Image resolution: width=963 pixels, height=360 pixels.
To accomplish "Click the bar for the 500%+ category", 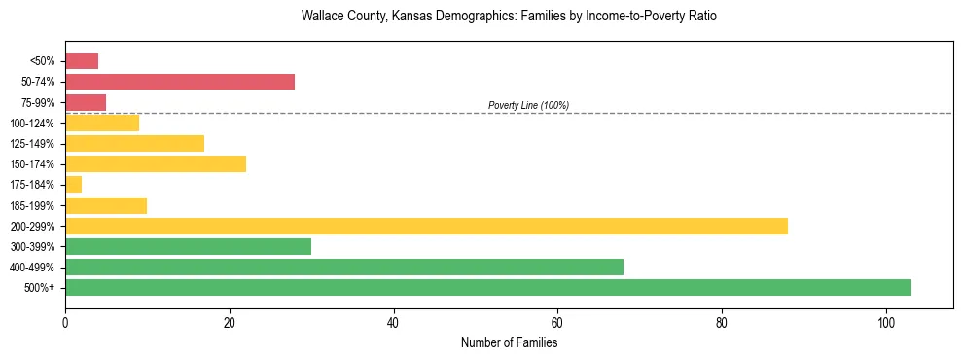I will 487,287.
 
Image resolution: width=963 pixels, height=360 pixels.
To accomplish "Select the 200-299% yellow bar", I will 426,226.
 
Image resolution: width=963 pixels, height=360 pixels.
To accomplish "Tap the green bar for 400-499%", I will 344,267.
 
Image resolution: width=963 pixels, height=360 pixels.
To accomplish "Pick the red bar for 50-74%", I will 180,82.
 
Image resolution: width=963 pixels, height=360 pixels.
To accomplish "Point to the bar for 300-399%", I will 188,246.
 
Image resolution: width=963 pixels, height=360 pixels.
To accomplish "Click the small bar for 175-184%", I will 73,185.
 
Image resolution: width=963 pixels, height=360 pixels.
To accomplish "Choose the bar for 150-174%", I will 156,163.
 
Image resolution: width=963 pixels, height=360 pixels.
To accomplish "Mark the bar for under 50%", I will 82,61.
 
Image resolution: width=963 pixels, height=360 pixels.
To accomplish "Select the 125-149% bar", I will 134,143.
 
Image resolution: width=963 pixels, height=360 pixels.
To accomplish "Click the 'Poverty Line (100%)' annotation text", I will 528,105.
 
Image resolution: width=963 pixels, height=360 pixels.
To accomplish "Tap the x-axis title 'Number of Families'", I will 509,342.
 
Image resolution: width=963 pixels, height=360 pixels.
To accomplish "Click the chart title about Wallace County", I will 509,17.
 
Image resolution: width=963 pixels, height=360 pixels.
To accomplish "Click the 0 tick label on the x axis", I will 65,322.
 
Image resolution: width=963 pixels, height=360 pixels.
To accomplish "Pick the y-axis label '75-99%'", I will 37,103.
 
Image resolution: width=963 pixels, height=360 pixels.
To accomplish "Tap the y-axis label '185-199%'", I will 34,206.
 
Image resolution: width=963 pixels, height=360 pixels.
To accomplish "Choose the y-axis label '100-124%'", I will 34,124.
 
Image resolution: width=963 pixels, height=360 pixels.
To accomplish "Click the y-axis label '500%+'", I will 40,288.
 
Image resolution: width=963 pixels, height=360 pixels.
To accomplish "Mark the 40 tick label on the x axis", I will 393,322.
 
